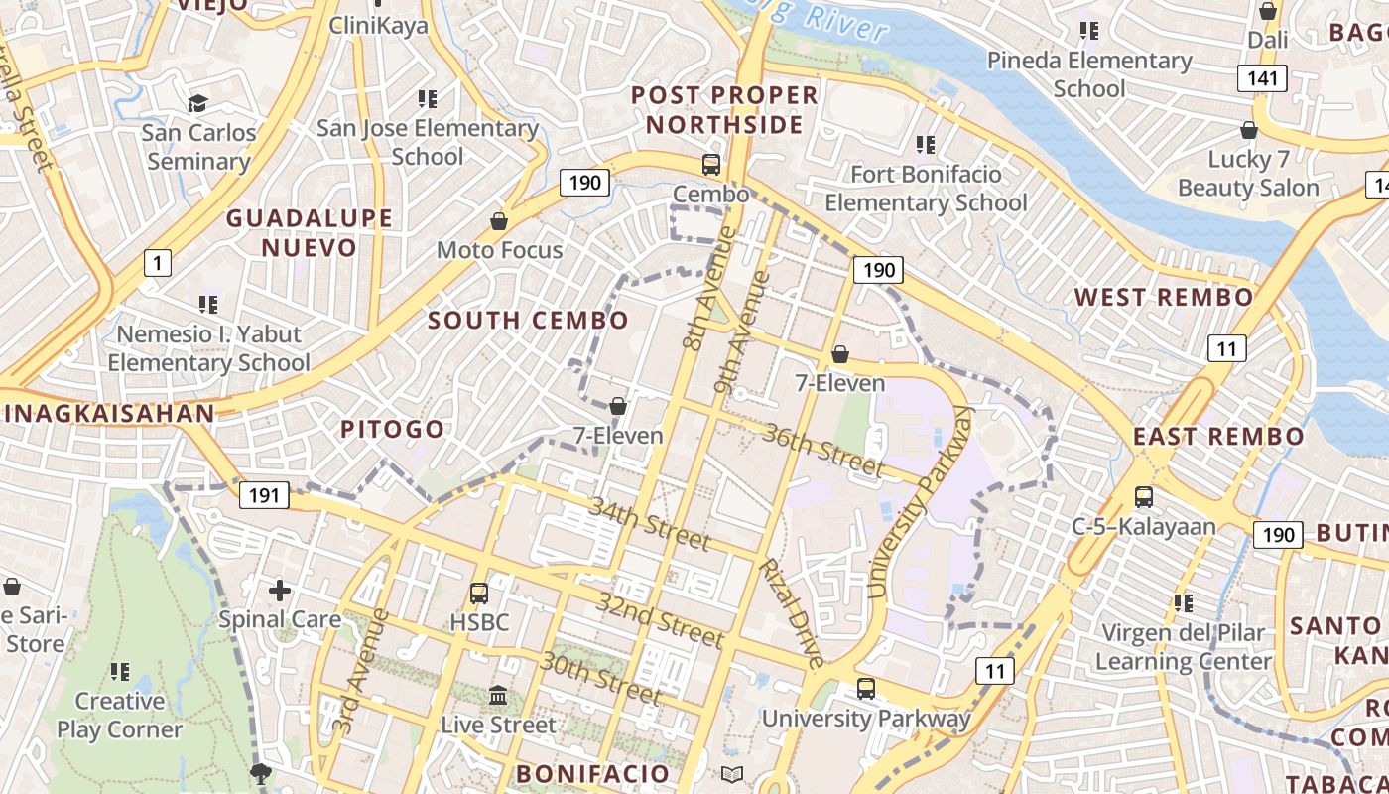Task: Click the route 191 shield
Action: click(263, 495)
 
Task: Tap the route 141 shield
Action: click(1261, 78)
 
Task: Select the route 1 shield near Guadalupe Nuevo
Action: click(157, 263)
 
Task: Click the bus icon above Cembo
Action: click(711, 165)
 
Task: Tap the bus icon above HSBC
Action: click(479, 594)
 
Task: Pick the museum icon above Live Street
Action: click(498, 695)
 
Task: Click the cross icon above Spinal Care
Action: click(280, 591)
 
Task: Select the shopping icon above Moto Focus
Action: click(499, 220)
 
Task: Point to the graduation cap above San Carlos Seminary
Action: click(197, 103)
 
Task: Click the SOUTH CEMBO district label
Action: click(528, 320)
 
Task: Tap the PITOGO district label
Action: click(393, 429)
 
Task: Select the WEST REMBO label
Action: click(1164, 297)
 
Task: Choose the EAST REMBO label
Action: click(1218, 436)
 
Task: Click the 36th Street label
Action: click(823, 450)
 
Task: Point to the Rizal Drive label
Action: click(791, 612)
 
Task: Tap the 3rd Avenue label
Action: click(347, 671)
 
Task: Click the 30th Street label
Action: click(599, 678)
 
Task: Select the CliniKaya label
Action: click(378, 25)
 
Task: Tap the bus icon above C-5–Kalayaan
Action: click(1143, 496)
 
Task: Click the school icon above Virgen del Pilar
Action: click(1183, 602)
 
